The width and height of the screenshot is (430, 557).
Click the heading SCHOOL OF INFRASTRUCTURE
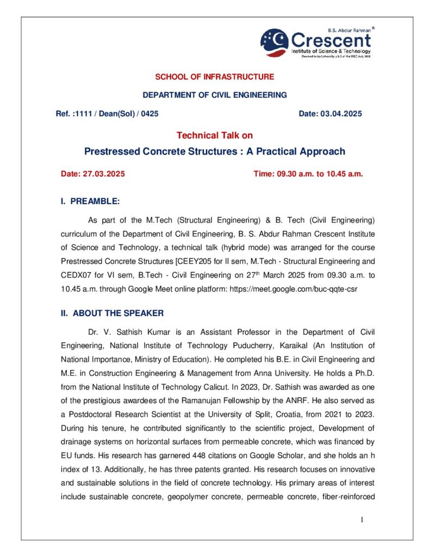pos(215,77)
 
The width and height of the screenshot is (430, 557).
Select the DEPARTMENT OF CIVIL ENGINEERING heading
pos(215,95)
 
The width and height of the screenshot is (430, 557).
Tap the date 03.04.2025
pos(341,114)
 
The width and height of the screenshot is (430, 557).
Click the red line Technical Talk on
pos(215,135)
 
